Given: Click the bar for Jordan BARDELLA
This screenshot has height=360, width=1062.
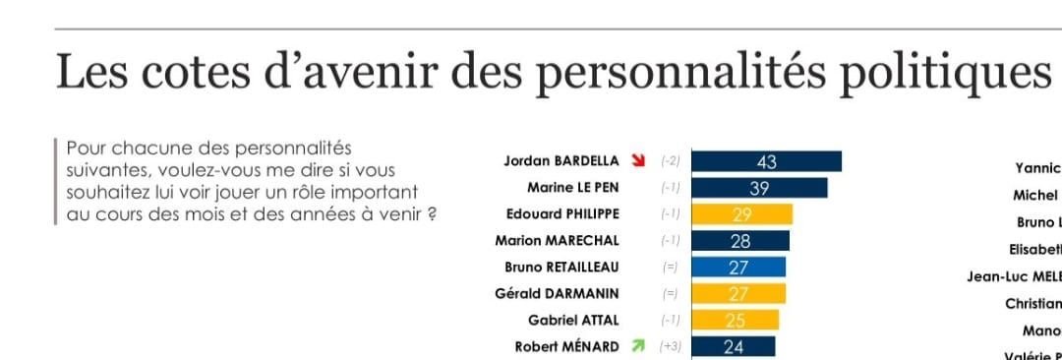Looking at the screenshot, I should [767, 162].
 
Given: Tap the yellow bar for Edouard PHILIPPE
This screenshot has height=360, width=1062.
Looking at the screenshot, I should [742, 214].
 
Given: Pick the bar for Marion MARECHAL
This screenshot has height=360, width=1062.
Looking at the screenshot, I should [740, 241].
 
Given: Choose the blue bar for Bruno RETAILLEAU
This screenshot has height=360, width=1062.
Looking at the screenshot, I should [738, 267].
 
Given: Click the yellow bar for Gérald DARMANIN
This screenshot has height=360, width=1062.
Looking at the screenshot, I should [738, 293].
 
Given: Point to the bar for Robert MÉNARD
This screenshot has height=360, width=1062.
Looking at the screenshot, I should [734, 346].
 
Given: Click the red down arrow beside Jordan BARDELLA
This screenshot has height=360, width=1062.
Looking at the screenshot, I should [638, 161].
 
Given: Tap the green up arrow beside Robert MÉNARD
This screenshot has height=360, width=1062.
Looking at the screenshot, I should [638, 346].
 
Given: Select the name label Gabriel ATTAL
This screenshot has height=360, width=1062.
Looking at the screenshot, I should [574, 320].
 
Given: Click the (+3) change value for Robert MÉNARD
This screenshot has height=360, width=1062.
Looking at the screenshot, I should [671, 346].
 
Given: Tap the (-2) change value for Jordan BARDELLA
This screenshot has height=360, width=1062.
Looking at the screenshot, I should [671, 161].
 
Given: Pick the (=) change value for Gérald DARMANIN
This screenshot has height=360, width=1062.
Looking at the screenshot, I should [671, 293].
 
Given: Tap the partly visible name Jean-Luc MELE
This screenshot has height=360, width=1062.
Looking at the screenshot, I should [1014, 276].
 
